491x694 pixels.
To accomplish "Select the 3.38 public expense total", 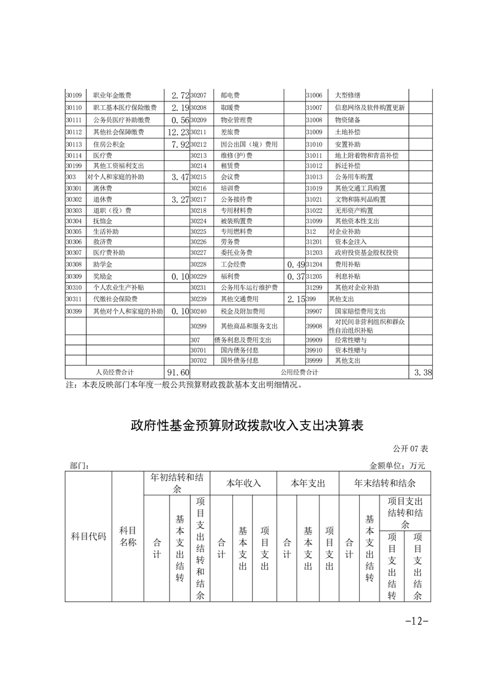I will point(422,372).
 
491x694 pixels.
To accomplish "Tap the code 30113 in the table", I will point(74,144).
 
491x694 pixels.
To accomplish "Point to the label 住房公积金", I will point(109,144).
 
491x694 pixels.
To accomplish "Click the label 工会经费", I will point(231,264).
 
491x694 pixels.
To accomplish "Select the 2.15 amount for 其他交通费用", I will point(294,299).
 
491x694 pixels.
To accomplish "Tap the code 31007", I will point(315,108).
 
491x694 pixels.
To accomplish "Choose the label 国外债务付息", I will point(240,360).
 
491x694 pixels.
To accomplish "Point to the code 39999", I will point(315,360).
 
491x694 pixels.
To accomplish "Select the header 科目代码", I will point(89,537).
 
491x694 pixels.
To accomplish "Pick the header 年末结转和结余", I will point(385,482).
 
